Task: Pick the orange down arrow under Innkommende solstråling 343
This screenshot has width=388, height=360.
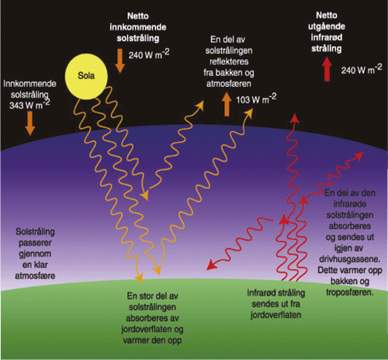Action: coord(29,123)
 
